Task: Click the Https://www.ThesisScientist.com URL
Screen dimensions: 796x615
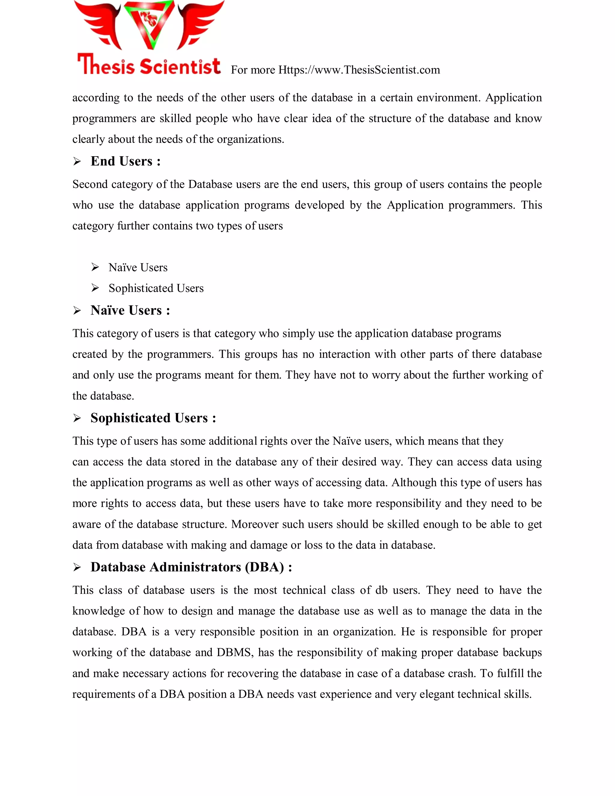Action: point(359,70)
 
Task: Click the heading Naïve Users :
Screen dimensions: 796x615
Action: point(130,310)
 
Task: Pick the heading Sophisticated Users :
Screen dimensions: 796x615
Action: point(153,418)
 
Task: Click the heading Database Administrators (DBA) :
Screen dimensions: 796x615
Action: point(191,567)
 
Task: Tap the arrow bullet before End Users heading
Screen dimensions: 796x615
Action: point(77,162)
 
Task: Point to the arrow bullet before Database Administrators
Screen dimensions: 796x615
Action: point(77,567)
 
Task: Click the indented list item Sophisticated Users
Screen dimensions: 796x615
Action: point(156,288)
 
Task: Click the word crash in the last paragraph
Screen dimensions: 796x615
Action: point(462,673)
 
